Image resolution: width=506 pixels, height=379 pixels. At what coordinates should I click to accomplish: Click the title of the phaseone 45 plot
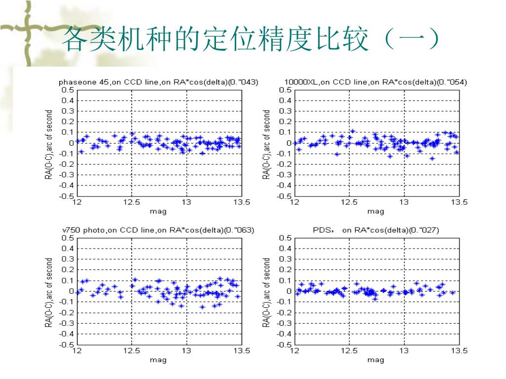pyautogui.click(x=158, y=82)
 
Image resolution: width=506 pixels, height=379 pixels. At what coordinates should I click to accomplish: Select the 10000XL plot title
pyautogui.click(x=376, y=82)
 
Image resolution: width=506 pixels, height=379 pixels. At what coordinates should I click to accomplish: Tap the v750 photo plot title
pyautogui.click(x=158, y=230)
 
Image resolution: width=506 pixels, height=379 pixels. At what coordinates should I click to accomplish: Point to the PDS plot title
pyautogui.click(x=376, y=230)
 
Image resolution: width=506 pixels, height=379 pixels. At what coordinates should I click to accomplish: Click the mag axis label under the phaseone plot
pyautogui.click(x=158, y=211)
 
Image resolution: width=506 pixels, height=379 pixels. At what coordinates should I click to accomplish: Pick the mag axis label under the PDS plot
pyautogui.click(x=376, y=360)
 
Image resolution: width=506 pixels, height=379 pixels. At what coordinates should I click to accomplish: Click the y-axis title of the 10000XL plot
pyautogui.click(x=267, y=144)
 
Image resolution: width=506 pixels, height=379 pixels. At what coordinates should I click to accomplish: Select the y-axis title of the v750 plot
pyautogui.click(x=49, y=292)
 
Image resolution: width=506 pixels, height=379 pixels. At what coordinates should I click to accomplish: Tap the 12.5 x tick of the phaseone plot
pyautogui.click(x=131, y=202)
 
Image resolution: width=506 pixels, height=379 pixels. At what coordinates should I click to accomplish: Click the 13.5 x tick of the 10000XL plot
pyautogui.click(x=459, y=202)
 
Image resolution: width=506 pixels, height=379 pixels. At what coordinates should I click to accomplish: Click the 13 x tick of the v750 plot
pyautogui.click(x=186, y=351)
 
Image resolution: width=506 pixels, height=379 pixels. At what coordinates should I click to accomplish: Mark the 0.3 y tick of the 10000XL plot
pyautogui.click(x=286, y=111)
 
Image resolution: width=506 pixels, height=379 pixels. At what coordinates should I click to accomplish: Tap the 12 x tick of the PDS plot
pyautogui.click(x=295, y=351)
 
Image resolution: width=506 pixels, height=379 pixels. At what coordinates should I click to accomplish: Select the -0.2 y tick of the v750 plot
pyautogui.click(x=67, y=313)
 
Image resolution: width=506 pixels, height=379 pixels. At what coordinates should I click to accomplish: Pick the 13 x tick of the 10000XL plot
pyautogui.click(x=404, y=202)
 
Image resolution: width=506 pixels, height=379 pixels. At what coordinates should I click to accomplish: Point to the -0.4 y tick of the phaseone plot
pyautogui.click(x=67, y=186)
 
